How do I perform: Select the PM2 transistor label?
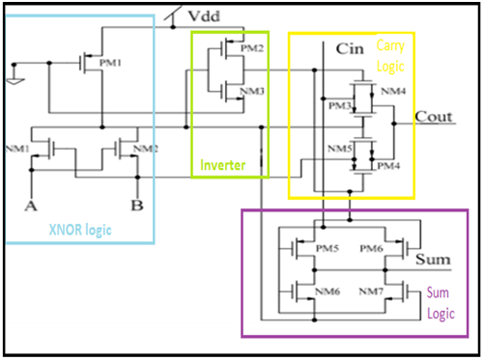251,48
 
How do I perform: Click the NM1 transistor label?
17,149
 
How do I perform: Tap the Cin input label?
350,47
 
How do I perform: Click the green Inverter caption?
223,166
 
